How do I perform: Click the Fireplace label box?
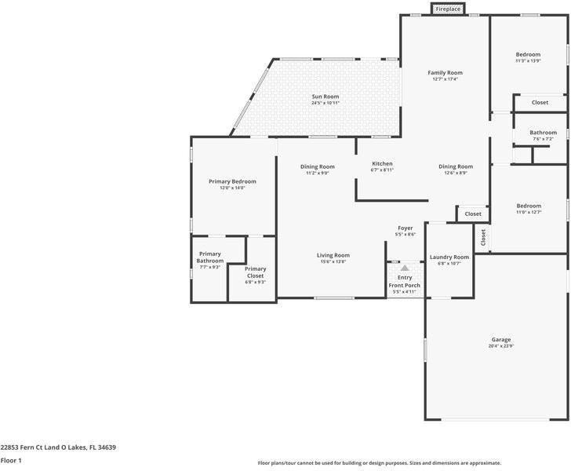click(x=449, y=9)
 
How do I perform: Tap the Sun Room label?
click(x=325, y=97)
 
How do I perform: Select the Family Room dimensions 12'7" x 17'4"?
click(x=445, y=79)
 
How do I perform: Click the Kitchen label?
click(x=382, y=163)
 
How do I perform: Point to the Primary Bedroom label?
click(x=232, y=181)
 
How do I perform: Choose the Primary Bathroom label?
click(x=209, y=257)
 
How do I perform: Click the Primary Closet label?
click(x=255, y=272)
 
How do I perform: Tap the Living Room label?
click(x=333, y=255)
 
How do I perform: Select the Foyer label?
click(x=406, y=228)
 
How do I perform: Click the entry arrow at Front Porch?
click(x=405, y=268)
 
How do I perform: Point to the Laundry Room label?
click(x=449, y=257)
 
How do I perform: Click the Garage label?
click(x=501, y=339)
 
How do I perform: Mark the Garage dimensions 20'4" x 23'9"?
click(x=501, y=346)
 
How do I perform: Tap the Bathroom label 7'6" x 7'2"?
click(x=543, y=133)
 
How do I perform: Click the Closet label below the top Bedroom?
click(x=540, y=103)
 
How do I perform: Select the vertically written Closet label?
click(x=482, y=237)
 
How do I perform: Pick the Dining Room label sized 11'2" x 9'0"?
click(x=317, y=166)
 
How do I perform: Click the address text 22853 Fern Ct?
click(x=58, y=447)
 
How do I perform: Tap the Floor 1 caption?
click(x=11, y=461)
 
